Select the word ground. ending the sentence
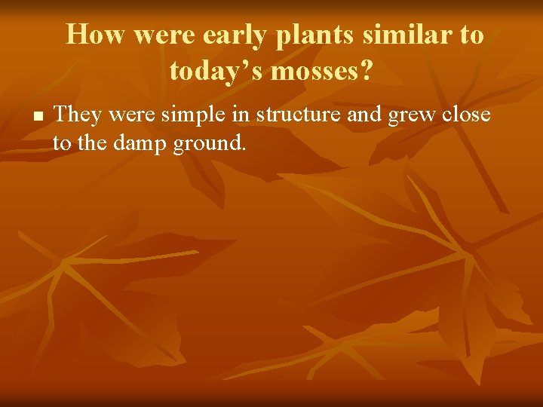pyautogui.click(x=210, y=143)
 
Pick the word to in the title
pyautogui.click(x=470, y=35)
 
